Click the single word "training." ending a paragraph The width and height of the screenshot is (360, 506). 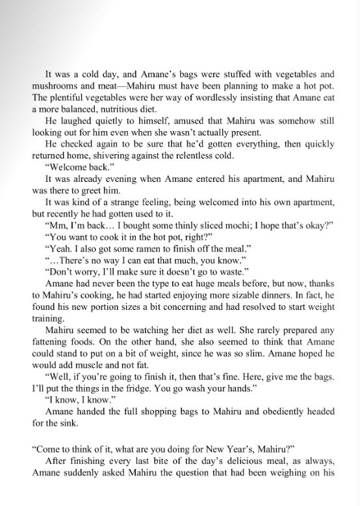click(x=49, y=319)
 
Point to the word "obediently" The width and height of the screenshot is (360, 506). click(x=274, y=412)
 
